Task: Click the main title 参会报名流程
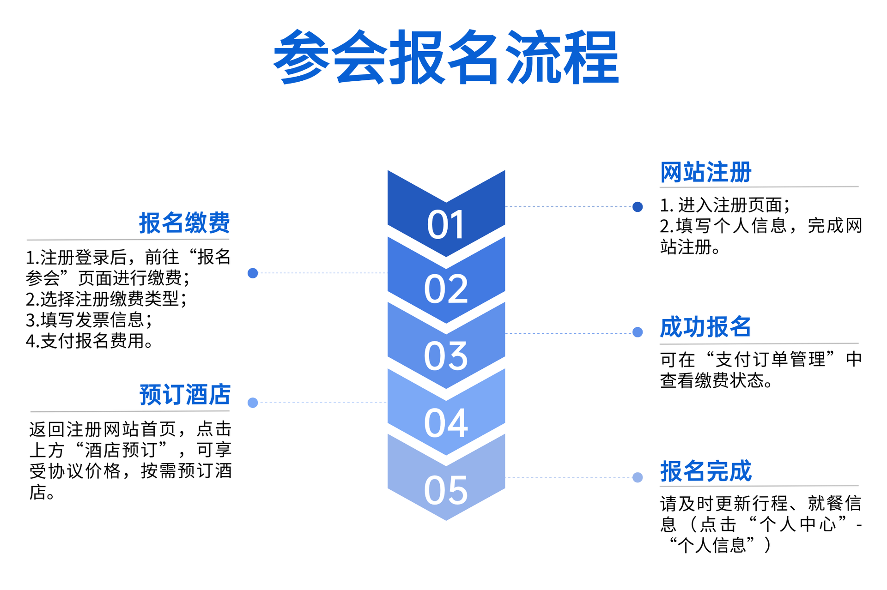446,57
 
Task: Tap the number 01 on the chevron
446,225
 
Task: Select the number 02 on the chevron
446,289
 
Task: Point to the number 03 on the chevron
446,356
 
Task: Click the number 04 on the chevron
446,422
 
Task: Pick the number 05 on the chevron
446,490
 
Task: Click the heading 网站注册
705,172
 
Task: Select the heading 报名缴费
184,223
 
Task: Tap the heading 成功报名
705,327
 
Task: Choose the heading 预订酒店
185,395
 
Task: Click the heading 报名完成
705,471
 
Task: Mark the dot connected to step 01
638,206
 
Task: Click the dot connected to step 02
253,273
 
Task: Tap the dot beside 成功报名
638,332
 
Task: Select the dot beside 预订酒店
253,403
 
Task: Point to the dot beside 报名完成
638,477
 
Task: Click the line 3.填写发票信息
89,319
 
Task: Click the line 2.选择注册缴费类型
107,299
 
